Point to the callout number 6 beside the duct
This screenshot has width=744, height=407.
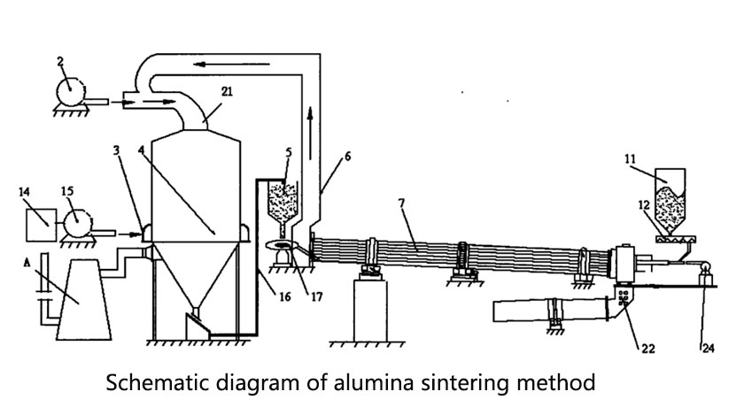pos(347,156)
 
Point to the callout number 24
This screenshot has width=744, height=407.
pos(705,345)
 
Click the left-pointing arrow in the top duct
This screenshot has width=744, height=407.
pos(213,64)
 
